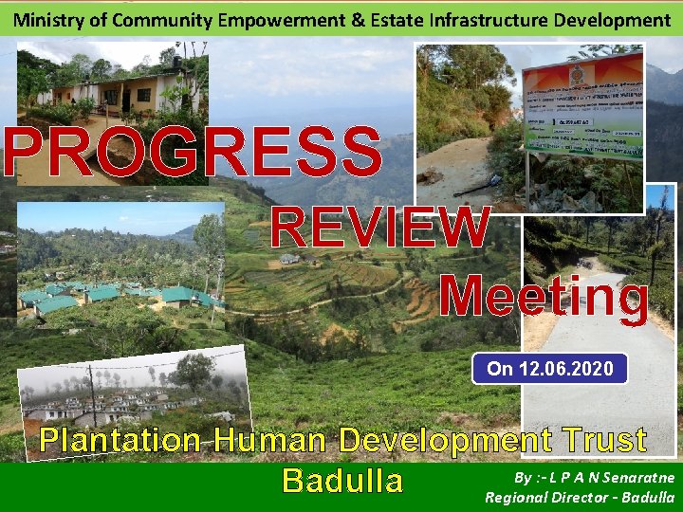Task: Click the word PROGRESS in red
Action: tap(193, 152)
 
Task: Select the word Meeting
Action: tap(545, 295)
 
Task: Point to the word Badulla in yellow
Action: tap(342, 481)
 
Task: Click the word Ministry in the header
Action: tap(46, 19)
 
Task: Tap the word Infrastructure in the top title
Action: tap(488, 19)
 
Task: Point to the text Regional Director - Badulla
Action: tap(580, 497)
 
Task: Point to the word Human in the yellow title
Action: tap(270, 441)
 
